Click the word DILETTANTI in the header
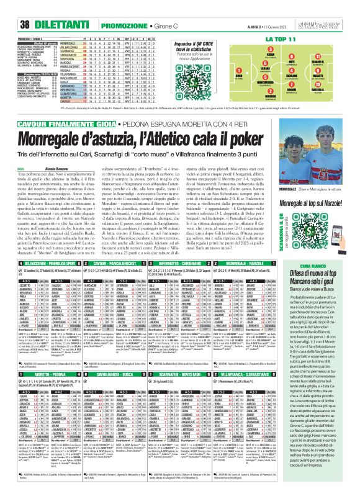click(x=38, y=7)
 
